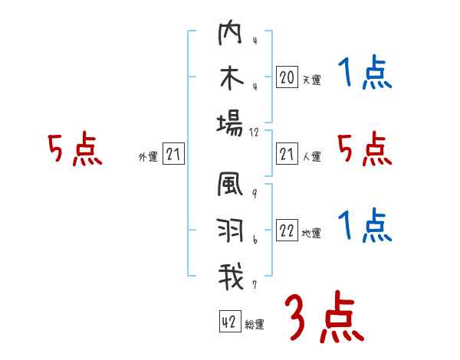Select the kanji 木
[229, 80]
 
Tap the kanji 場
[229, 123]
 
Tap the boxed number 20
[287, 77]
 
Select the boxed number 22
[287, 231]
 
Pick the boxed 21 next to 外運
[173, 155]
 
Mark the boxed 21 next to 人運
[287, 155]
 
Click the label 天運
[311, 80]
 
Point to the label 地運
[311, 234]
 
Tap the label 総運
[255, 325]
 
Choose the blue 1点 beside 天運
[365, 75]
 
